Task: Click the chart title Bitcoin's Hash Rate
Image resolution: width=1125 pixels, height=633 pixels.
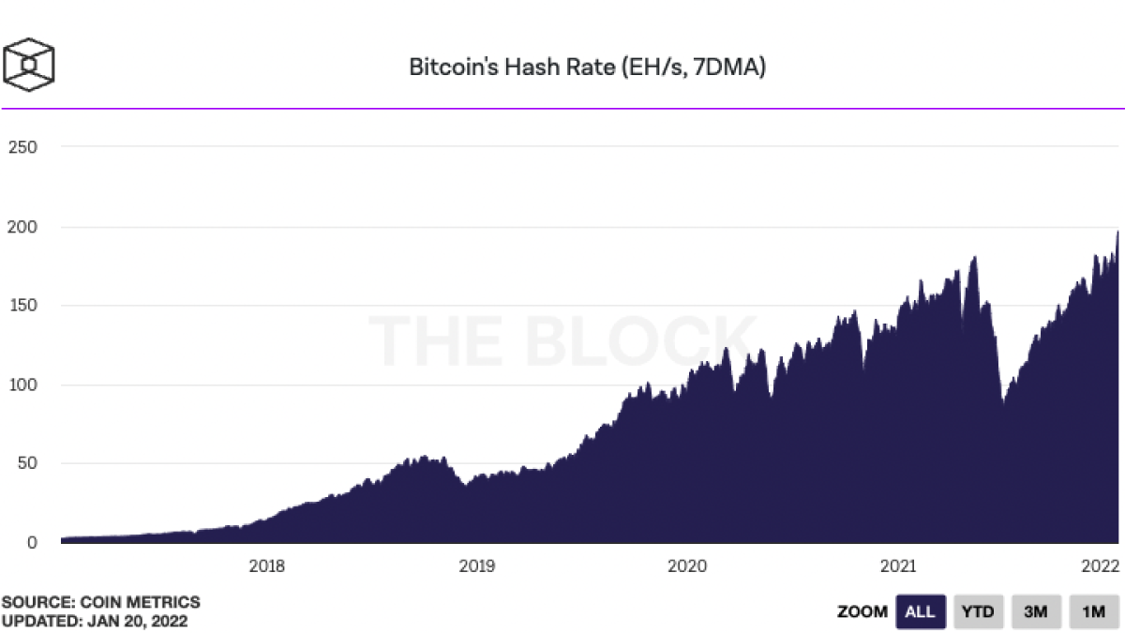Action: click(x=588, y=68)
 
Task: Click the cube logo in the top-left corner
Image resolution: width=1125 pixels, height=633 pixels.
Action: click(x=29, y=64)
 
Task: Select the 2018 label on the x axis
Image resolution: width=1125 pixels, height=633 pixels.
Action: click(x=267, y=566)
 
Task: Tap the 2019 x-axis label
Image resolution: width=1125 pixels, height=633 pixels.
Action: click(x=477, y=566)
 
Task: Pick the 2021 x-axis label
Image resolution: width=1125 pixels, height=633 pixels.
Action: click(x=898, y=566)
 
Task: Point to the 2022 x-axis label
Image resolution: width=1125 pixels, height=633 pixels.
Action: click(x=1099, y=566)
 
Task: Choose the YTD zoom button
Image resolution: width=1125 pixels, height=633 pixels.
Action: click(x=979, y=612)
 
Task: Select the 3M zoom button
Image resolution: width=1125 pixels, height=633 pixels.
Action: click(x=1036, y=612)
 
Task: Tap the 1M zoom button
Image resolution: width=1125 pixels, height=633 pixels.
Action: click(x=1093, y=612)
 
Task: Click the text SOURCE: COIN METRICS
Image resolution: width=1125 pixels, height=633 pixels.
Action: click(x=101, y=602)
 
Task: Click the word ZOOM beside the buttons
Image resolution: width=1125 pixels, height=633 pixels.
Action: click(x=862, y=612)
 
